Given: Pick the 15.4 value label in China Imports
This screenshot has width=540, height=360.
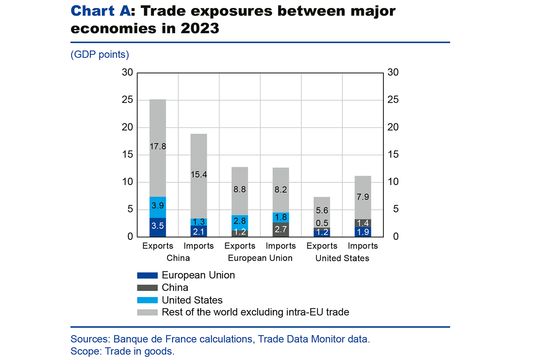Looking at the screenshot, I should [x=199, y=175].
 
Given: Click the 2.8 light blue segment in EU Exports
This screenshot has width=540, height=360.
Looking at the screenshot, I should [x=240, y=220].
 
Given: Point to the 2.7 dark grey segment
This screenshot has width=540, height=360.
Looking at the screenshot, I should [x=281, y=229].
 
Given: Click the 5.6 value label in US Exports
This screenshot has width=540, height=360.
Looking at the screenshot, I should [x=322, y=211].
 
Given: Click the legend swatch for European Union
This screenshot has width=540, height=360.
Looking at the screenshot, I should [x=147, y=275].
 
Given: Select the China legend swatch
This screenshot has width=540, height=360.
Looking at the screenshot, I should [x=147, y=288].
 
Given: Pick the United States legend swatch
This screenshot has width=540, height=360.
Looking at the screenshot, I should [x=147, y=300].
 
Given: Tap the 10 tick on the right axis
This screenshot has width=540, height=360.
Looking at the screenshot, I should [x=393, y=182].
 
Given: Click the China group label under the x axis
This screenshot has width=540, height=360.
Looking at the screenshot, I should [x=178, y=258].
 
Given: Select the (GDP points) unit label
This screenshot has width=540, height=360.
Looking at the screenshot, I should [x=100, y=54].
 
